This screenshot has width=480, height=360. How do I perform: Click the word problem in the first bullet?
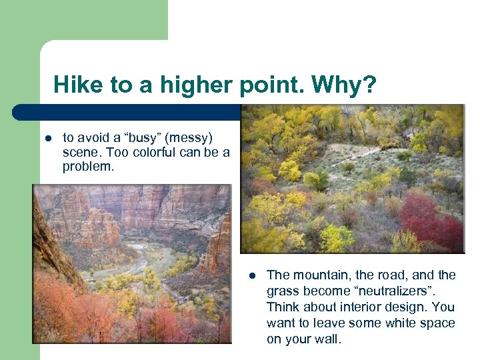coord(88,167)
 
